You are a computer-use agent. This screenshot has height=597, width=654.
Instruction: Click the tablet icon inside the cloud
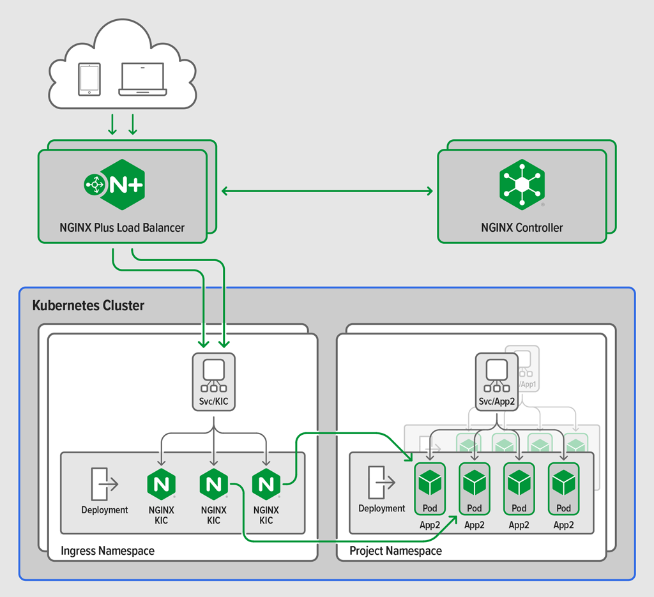tap(89, 79)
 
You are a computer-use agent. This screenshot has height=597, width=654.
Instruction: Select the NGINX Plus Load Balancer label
tap(122, 227)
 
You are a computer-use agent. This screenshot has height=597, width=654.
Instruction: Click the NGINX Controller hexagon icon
tap(522, 185)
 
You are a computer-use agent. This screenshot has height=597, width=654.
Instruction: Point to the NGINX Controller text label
tap(522, 227)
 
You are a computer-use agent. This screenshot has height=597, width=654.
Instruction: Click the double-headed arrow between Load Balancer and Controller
tap(326, 190)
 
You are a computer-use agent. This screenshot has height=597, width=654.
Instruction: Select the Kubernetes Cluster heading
tap(88, 305)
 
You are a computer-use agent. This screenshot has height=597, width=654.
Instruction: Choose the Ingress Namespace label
tap(107, 550)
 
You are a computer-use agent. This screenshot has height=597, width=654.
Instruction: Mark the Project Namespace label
tap(395, 550)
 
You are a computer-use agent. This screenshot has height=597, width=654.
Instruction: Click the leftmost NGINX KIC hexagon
tap(161, 485)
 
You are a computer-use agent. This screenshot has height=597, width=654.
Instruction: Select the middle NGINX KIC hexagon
tap(213, 485)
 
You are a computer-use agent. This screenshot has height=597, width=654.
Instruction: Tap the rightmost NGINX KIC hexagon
tap(266, 485)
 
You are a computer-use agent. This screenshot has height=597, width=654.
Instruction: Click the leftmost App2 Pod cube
tap(430, 483)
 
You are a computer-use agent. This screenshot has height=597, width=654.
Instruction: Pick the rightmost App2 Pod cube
tap(563, 483)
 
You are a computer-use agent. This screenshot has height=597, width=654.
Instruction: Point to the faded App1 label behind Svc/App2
tap(528, 384)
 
